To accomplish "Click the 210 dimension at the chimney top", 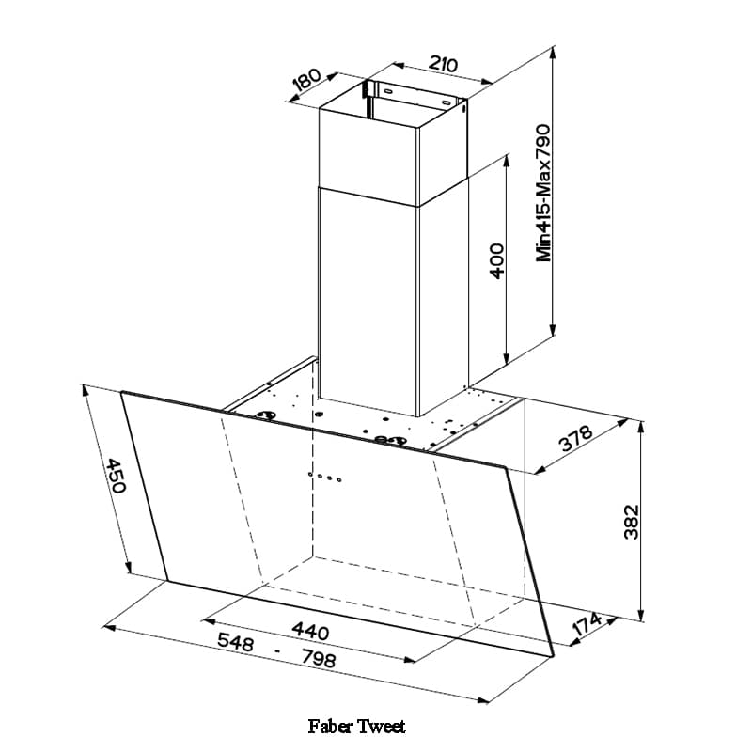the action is point(443,63).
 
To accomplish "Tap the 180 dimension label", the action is point(307,80).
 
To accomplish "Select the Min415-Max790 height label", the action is point(543,193).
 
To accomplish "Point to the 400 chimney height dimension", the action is point(497,261).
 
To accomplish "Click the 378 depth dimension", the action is point(577,438).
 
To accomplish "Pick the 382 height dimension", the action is point(631,523).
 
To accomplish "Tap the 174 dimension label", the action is point(587,624).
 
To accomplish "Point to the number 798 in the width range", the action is point(319,660).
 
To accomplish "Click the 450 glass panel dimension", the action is point(116,476).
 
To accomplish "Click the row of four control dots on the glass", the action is point(324,477).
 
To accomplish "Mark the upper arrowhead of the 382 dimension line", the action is point(641,428).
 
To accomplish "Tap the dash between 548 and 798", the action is point(277,651).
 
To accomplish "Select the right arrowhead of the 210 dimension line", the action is point(487,82).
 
